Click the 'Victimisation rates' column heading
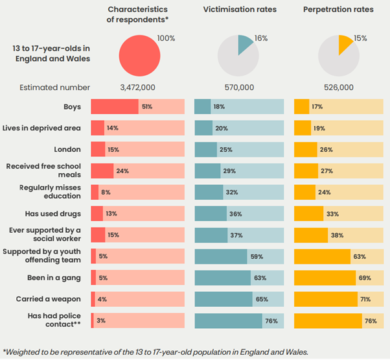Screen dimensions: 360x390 pos(239,10)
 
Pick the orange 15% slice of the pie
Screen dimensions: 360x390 pos(345,44)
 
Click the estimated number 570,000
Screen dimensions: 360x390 pos(239,87)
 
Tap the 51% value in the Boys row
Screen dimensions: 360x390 pos(148,106)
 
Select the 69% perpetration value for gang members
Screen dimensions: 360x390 pos(365,278)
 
